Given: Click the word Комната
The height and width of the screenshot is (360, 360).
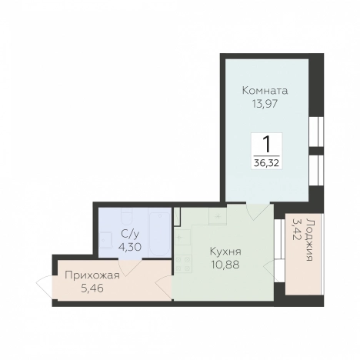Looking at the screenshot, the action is point(265,91).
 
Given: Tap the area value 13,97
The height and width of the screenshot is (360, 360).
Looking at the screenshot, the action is point(265,104).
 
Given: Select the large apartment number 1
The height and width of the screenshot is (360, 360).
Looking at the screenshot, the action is point(266,144).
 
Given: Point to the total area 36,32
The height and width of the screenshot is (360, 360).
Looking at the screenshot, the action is point(266,162).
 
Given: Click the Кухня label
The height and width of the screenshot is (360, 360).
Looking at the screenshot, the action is point(225,252).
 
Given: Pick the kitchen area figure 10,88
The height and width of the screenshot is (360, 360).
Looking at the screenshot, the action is point(225,265).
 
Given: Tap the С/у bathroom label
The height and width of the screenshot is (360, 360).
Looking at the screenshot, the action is point(130,234).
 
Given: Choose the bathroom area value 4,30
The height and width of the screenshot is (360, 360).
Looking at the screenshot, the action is point(130,247).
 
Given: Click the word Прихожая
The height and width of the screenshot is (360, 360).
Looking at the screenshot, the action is point(92,275).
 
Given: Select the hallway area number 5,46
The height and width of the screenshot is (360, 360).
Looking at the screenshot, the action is point(92,288).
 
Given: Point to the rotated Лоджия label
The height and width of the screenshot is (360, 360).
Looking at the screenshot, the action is point(309,240).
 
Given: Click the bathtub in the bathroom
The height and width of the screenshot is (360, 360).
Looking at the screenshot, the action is point(159,232).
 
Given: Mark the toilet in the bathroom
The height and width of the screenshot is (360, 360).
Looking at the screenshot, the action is point(127,217).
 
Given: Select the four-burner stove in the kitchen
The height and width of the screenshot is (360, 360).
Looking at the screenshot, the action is point(183,263).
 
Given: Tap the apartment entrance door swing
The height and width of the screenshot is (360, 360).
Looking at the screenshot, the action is point(44,287).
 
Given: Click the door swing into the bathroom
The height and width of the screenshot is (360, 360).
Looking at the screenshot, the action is point(130,268).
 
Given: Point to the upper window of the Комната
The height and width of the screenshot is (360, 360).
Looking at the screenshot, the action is point(316,132).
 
